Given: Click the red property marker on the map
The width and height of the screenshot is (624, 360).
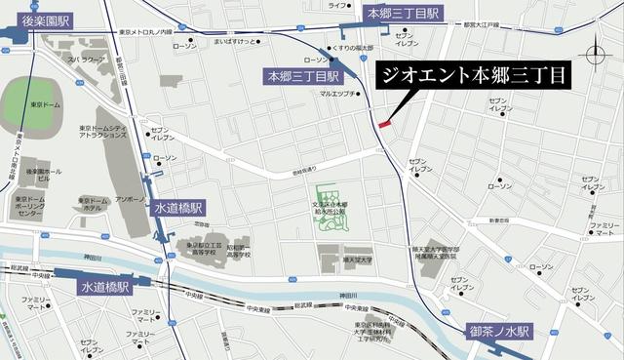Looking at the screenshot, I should click(x=383, y=124).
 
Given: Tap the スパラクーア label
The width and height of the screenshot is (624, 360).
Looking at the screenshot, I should click(x=86, y=60).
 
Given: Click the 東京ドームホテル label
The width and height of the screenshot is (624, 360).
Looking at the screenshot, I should click(x=92, y=204).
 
